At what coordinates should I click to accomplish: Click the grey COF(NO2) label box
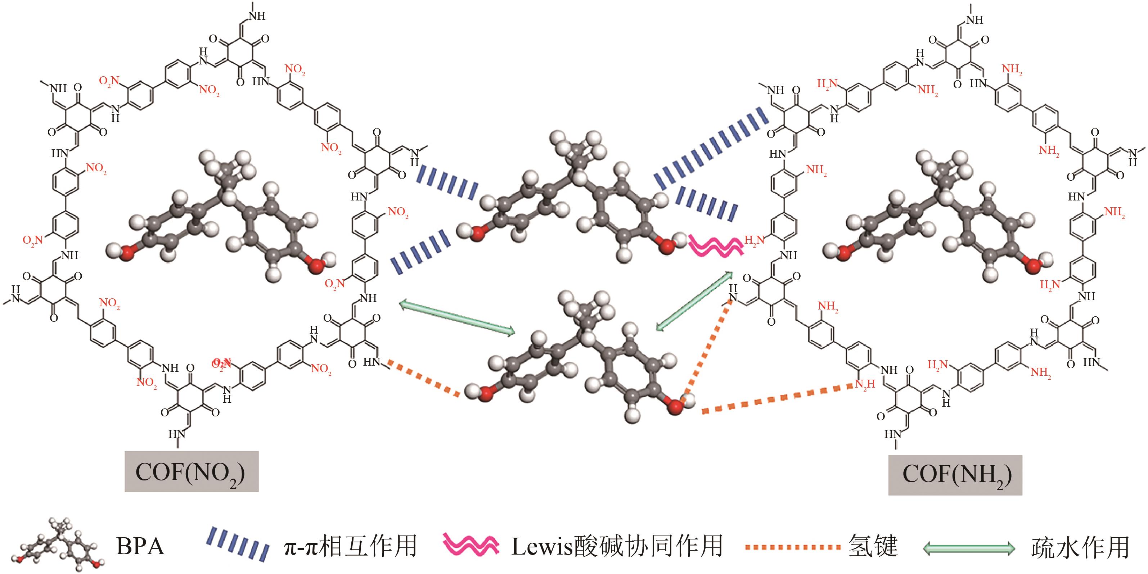(x=191, y=471)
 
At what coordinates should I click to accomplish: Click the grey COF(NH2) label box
(x=955, y=475)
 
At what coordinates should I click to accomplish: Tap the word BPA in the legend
(x=140, y=546)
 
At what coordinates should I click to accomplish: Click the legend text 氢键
(x=873, y=546)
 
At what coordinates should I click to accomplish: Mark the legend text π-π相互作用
(x=350, y=546)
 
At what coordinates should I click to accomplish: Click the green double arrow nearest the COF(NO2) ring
(x=456, y=317)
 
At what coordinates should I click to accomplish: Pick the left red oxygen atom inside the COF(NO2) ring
(x=127, y=253)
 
